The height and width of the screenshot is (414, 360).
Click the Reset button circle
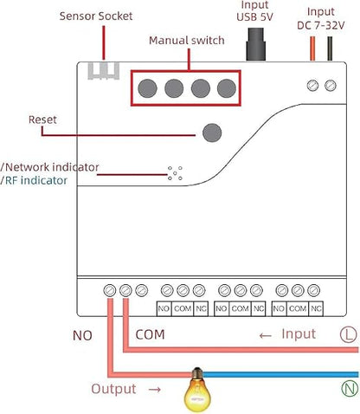click(212, 133)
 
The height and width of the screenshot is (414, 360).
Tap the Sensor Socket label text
click(96, 16)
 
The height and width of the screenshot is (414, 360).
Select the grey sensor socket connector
click(104, 70)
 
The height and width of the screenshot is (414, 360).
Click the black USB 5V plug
click(255, 44)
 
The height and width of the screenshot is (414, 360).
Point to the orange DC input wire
click(312, 49)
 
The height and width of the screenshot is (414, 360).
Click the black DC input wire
click(330, 49)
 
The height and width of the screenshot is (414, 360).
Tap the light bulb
click(197, 389)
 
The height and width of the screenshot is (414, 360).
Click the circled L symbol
click(349, 334)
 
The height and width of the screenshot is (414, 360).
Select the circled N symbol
click(350, 388)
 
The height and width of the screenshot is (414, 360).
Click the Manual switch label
click(187, 41)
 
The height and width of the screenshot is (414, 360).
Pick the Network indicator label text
click(52, 167)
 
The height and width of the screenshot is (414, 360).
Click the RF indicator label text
click(36, 180)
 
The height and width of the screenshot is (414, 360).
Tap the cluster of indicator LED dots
click(175, 173)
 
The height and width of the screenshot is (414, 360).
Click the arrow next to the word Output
click(155, 390)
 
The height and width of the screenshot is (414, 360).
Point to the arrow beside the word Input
click(266, 335)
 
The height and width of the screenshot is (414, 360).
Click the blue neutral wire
click(280, 375)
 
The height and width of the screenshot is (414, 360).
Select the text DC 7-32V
click(321, 25)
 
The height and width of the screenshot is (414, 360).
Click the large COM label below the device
click(150, 334)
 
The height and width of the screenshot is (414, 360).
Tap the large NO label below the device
click(82, 335)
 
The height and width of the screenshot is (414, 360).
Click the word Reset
click(42, 120)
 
